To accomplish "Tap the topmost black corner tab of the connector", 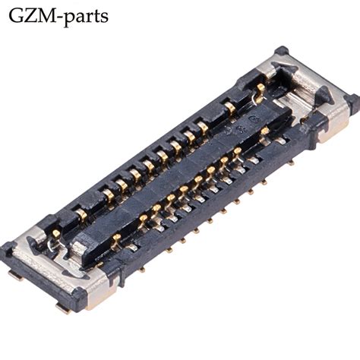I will tap(282, 52).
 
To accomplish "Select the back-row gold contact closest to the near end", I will tap(82, 213).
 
